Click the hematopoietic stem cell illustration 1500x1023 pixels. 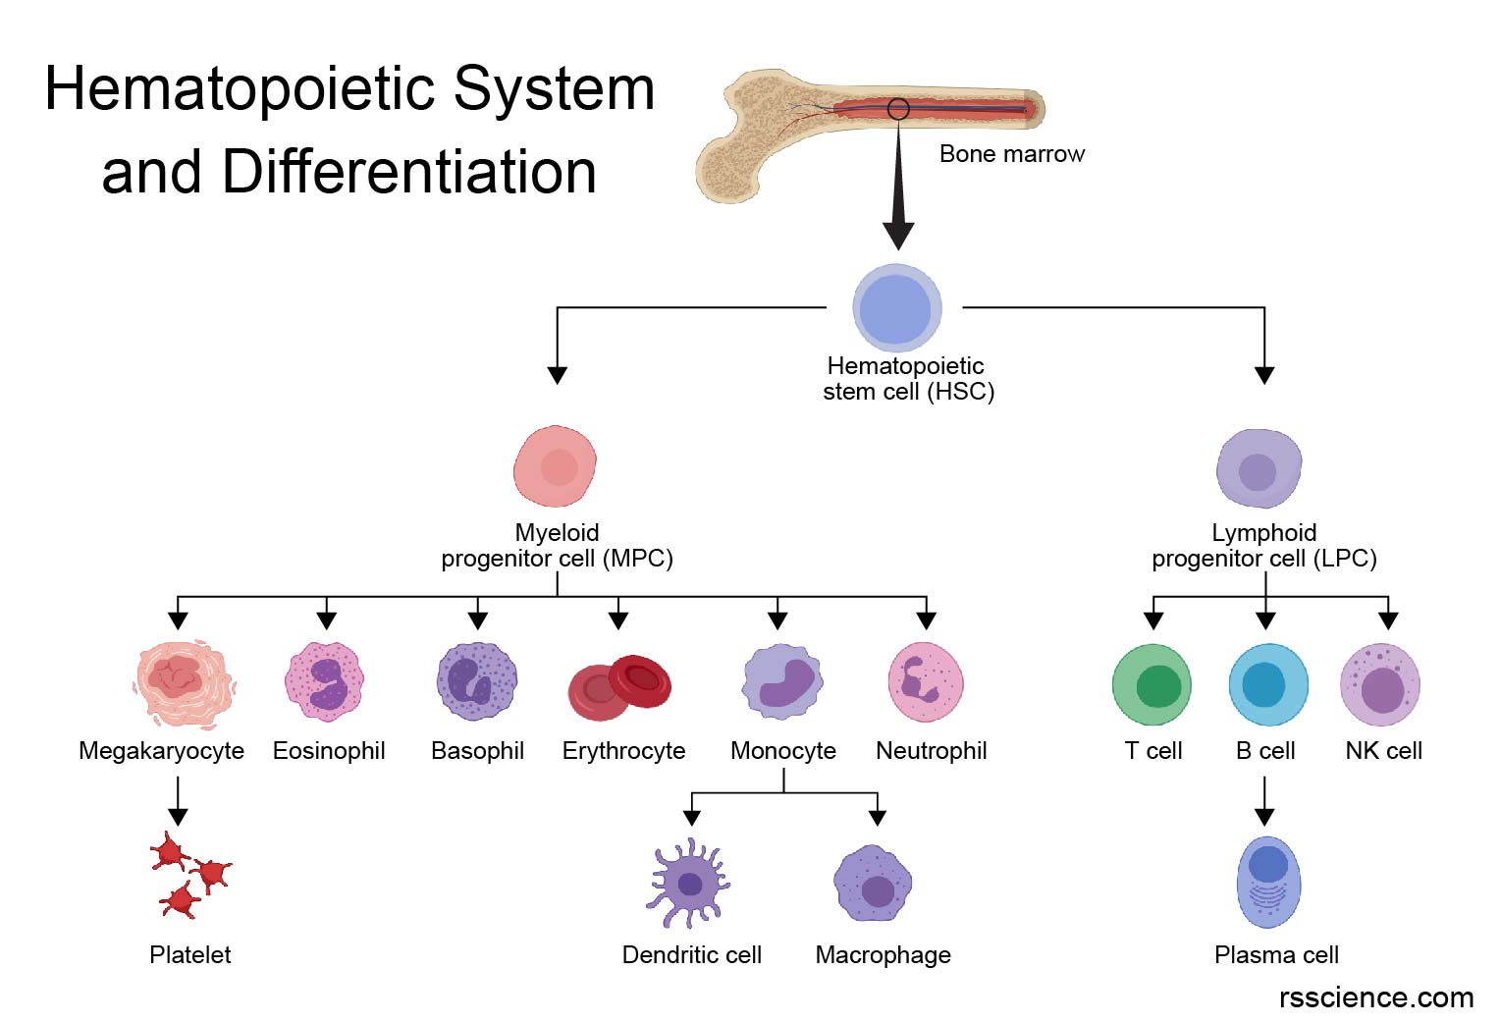point(896,307)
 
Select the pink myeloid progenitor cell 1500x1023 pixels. point(556,466)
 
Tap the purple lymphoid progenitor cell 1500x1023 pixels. point(1259,469)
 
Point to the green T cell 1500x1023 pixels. point(1152,684)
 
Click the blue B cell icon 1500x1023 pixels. point(1267,684)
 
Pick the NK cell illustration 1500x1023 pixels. point(1380,684)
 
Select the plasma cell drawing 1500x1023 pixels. point(1268,882)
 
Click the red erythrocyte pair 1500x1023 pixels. point(620,686)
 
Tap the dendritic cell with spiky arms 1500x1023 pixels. point(688,883)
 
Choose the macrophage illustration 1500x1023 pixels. point(873,884)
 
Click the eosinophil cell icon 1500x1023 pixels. point(324,681)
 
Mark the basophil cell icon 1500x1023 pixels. point(477,681)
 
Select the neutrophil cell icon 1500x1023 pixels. point(926,681)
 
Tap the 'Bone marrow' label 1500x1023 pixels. point(1011,154)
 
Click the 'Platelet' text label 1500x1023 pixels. point(190,954)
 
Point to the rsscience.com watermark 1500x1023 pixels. point(1375,997)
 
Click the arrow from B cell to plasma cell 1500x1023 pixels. point(1264,801)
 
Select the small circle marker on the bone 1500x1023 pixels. point(898,109)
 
